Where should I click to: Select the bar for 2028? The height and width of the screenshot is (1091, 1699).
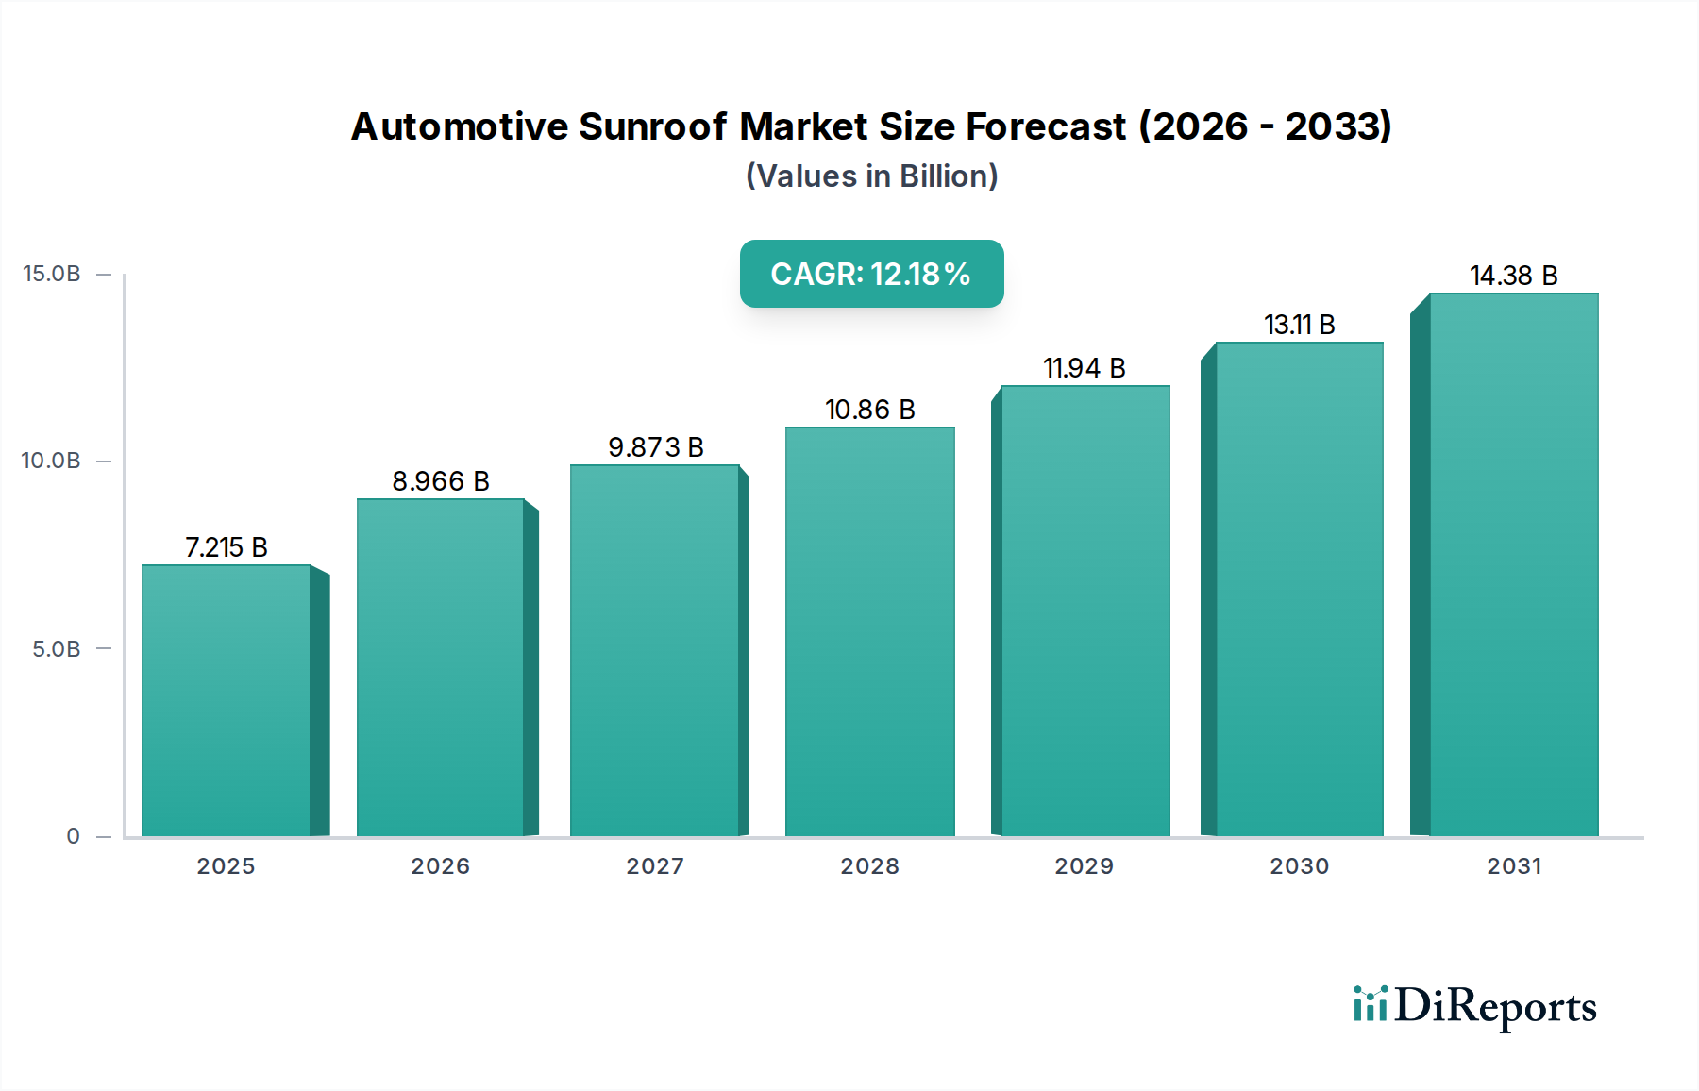click(869, 631)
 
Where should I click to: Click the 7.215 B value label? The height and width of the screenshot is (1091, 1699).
click(227, 547)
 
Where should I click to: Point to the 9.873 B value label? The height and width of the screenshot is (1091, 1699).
click(656, 447)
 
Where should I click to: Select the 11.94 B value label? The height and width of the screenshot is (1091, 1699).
click(1084, 368)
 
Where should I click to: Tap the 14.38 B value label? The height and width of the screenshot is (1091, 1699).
click(1513, 276)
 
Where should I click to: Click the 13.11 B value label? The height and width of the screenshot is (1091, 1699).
click(1299, 325)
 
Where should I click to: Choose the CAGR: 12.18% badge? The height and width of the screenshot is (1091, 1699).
click(871, 274)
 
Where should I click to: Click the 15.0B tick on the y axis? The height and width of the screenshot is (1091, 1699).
click(52, 274)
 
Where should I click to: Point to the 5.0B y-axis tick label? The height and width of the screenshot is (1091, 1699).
click(57, 649)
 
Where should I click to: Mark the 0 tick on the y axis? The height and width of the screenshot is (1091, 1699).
click(73, 836)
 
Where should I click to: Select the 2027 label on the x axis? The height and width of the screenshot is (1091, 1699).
click(655, 866)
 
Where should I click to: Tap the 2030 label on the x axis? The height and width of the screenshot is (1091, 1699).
click(1299, 866)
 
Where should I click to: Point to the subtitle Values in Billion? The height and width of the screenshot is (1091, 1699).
click(871, 176)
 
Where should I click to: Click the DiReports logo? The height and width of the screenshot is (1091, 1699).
click(1474, 1006)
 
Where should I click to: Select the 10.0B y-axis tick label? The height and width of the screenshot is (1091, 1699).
click(52, 461)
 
